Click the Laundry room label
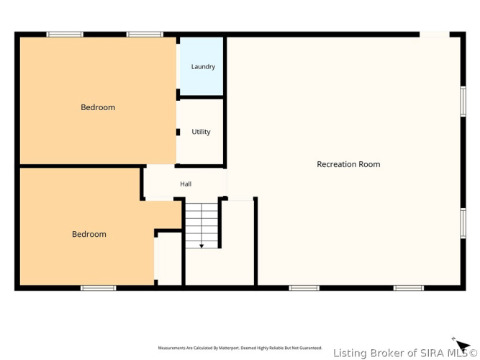pos(203,67)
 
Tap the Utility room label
pos(201,132)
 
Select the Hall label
pos(186,184)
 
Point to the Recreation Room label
pos(348,164)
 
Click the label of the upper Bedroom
pos(98,107)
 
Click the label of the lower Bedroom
pos(89,234)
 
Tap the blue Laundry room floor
pos(201,66)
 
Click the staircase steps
pos(201,225)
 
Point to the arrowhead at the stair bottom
pos(201,246)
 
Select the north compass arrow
pos(462,346)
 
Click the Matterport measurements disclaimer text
pos(240,348)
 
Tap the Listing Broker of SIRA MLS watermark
pos(405,354)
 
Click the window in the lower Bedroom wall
pos(99,288)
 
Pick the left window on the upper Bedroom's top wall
pos(65,35)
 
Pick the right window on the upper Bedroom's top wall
pos(145,35)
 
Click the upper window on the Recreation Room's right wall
pos(463,102)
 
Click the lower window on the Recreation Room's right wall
pos(463,223)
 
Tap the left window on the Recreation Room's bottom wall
pos(304,288)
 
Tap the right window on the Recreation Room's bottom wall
pos(409,288)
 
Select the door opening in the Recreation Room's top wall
pos(435,35)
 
